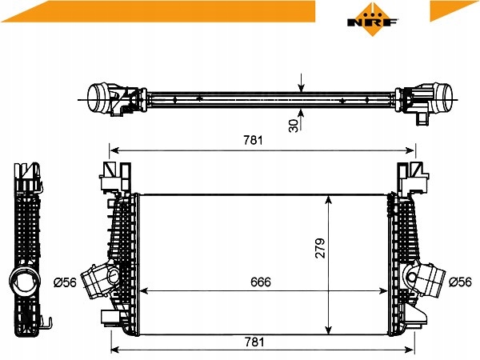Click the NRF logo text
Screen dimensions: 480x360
click(x=372, y=22)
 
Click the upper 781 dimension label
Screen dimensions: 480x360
click(x=253, y=140)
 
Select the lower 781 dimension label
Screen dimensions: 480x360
click(x=254, y=342)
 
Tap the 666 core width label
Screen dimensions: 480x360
click(x=261, y=282)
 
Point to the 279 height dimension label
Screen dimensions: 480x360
click(x=320, y=248)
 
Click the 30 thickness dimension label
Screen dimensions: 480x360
click(x=294, y=126)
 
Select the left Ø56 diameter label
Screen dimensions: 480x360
click(x=66, y=282)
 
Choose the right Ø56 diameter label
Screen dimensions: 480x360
click(x=461, y=282)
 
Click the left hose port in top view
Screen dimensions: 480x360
click(x=98, y=98)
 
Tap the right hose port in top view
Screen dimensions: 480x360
click(x=443, y=98)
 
